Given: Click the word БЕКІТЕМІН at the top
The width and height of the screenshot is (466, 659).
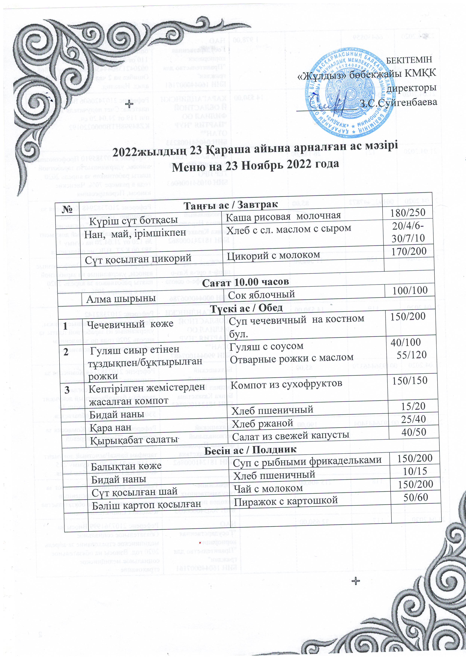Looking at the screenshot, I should click(409, 60).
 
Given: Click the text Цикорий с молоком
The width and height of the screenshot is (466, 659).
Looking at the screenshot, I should click(273, 255).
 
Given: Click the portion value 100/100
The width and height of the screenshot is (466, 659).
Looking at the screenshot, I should click(410, 290).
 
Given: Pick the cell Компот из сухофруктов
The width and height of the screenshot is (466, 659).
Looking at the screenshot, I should click(286, 385).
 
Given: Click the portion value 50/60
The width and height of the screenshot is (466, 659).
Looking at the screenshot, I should click(415, 497).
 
